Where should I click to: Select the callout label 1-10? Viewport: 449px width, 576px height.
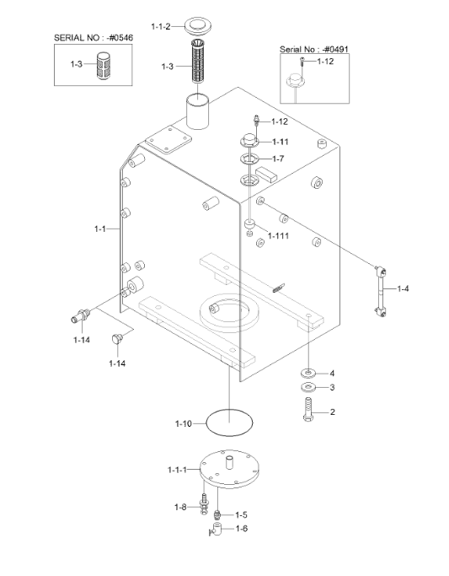pyautogui.click(x=184, y=423)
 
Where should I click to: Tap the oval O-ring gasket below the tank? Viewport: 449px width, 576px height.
pyautogui.click(x=230, y=423)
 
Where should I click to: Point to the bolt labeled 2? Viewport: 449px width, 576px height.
pyautogui.click(x=307, y=409)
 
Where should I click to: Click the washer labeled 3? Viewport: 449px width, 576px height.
pyautogui.click(x=308, y=387)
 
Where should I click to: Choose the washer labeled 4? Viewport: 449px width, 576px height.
pyautogui.click(x=308, y=374)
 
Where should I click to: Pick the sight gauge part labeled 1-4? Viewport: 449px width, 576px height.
pyautogui.click(x=381, y=291)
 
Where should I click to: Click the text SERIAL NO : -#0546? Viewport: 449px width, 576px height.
pyautogui.click(x=94, y=37)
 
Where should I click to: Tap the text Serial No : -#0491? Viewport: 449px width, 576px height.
pyautogui.click(x=314, y=49)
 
